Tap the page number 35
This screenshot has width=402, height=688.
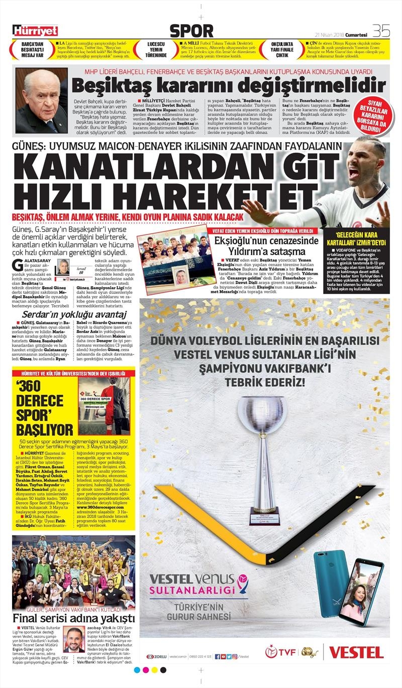381,31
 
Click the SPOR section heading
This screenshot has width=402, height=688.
191,31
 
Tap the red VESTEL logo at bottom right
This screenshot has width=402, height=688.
356,652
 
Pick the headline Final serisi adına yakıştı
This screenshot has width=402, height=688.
73,618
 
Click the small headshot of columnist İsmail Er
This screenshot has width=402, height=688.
64,267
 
